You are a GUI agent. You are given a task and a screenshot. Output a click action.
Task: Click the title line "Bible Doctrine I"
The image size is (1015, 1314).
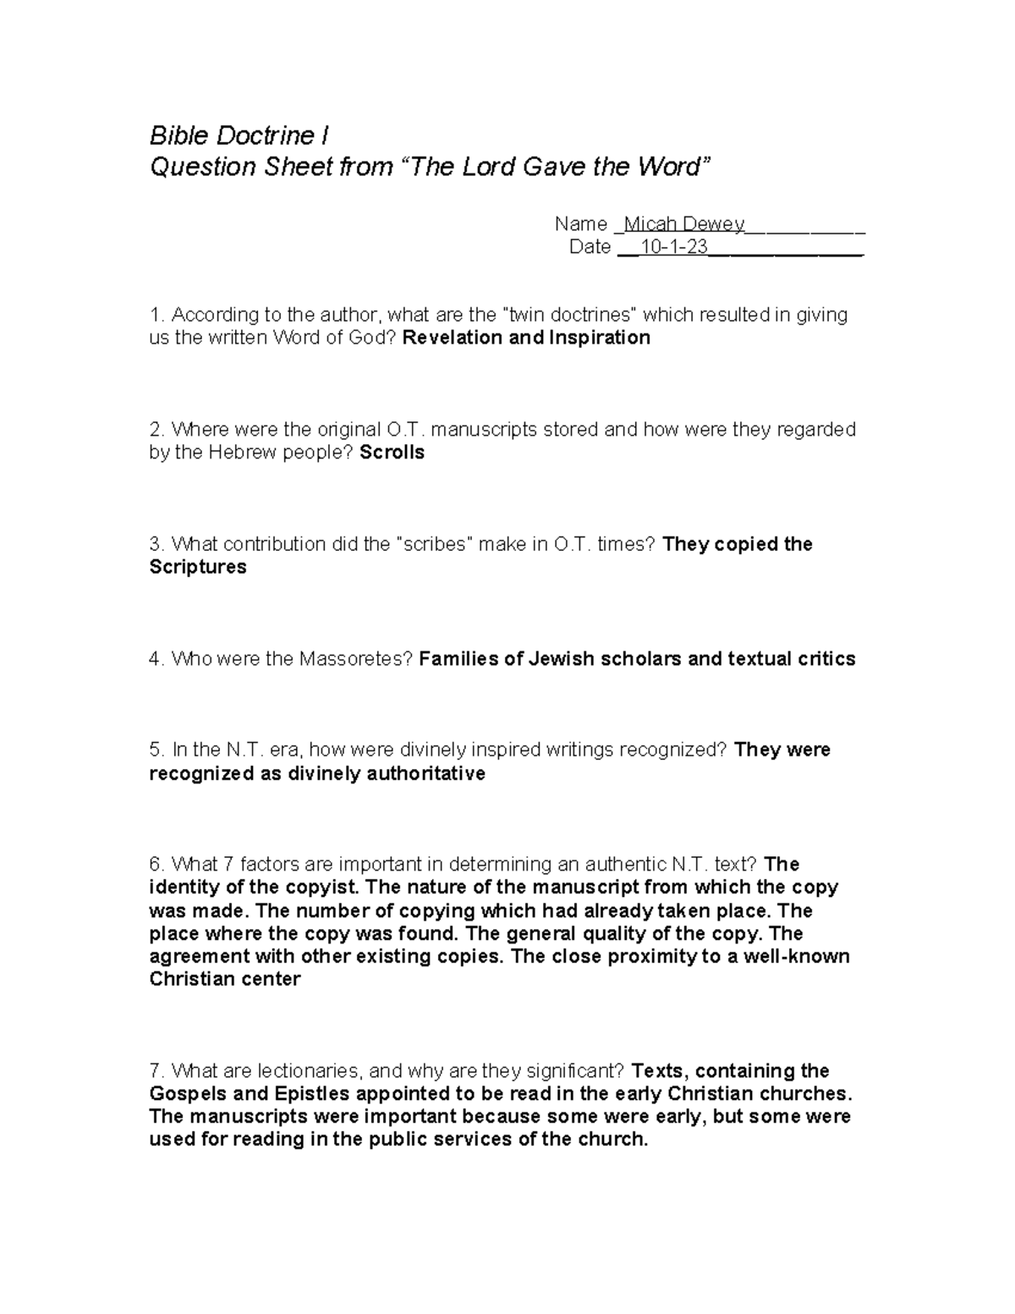tap(239, 135)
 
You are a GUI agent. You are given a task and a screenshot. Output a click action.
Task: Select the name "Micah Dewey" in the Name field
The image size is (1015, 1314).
tap(683, 224)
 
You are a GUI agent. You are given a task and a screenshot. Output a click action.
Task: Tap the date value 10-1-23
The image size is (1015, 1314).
tap(674, 247)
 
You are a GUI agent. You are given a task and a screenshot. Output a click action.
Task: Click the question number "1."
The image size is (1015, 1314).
tap(156, 315)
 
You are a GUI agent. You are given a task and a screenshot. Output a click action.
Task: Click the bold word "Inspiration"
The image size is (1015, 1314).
tap(600, 338)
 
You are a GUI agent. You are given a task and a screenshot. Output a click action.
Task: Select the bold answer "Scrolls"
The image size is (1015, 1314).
tap(392, 453)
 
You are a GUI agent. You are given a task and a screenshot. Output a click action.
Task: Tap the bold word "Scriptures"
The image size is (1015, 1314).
tap(198, 567)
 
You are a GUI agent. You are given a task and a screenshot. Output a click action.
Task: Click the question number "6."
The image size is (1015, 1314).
tap(156, 865)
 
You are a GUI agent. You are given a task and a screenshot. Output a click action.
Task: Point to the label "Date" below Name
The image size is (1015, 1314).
tap(590, 247)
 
